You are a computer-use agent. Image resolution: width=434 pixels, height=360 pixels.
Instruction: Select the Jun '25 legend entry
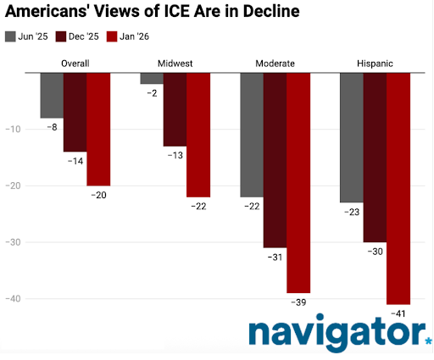[x=30, y=36]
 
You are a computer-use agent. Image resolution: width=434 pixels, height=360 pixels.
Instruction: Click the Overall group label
[x=75, y=64]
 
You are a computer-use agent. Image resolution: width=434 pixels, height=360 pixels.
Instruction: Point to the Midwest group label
[x=175, y=64]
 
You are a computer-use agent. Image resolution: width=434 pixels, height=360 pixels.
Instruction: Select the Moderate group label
[x=275, y=64]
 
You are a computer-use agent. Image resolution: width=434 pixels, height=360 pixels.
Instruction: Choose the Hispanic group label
[x=376, y=64]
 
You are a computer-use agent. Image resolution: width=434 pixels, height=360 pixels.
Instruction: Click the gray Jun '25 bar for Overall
[x=52, y=95]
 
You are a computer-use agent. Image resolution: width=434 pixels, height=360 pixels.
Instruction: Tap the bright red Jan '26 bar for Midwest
[x=198, y=135]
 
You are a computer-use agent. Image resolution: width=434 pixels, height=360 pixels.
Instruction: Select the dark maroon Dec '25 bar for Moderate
[x=275, y=160]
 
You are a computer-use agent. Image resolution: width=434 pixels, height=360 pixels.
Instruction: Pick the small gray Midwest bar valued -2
[x=152, y=78]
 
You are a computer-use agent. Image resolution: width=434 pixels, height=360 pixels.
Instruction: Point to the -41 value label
[x=398, y=313]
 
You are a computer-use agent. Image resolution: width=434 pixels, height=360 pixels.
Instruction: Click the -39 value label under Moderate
[x=298, y=302]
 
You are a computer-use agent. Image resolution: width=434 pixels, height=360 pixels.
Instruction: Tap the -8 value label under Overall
[x=52, y=126]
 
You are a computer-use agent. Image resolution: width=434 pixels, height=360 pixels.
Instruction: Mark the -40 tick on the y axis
[x=20, y=299]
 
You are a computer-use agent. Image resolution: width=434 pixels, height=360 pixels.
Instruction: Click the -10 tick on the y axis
[x=20, y=130]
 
